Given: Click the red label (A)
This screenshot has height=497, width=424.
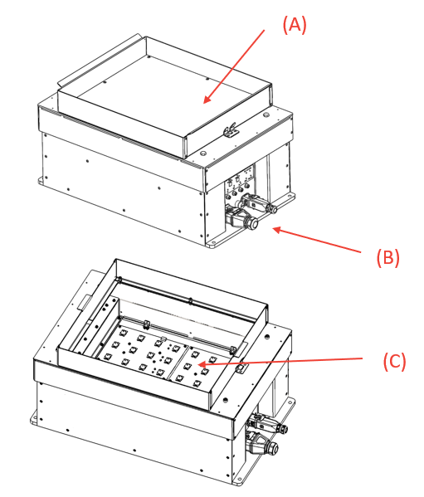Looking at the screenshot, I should point(295,25).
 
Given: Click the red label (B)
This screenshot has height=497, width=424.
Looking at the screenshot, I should point(387,257).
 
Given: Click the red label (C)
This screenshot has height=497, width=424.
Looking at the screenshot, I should point(394,362).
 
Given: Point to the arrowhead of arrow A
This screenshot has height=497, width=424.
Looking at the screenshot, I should point(203,104).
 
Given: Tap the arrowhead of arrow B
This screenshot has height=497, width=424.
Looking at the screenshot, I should point(271,227).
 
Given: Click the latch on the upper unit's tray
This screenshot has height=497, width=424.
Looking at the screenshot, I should point(231,129).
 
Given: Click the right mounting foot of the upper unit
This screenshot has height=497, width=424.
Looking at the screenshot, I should point(290,200).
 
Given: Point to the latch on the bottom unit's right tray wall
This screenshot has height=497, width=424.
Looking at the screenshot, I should point(241,365).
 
